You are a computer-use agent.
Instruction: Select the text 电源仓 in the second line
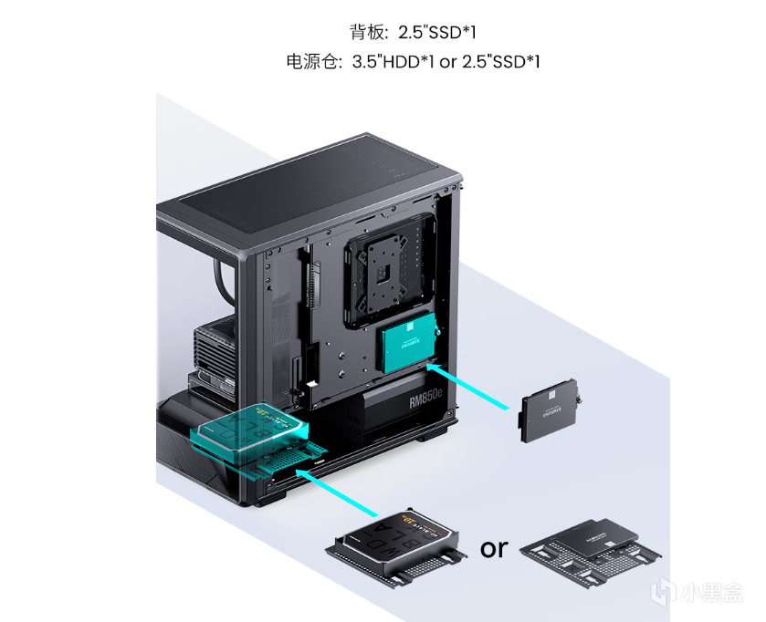pyautogui.click(x=311, y=63)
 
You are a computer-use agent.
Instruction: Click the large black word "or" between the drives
pyautogui.click(x=494, y=547)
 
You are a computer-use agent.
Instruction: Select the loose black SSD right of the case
pyautogui.click(x=547, y=415)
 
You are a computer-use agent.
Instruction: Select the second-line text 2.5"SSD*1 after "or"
pyautogui.click(x=501, y=63)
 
